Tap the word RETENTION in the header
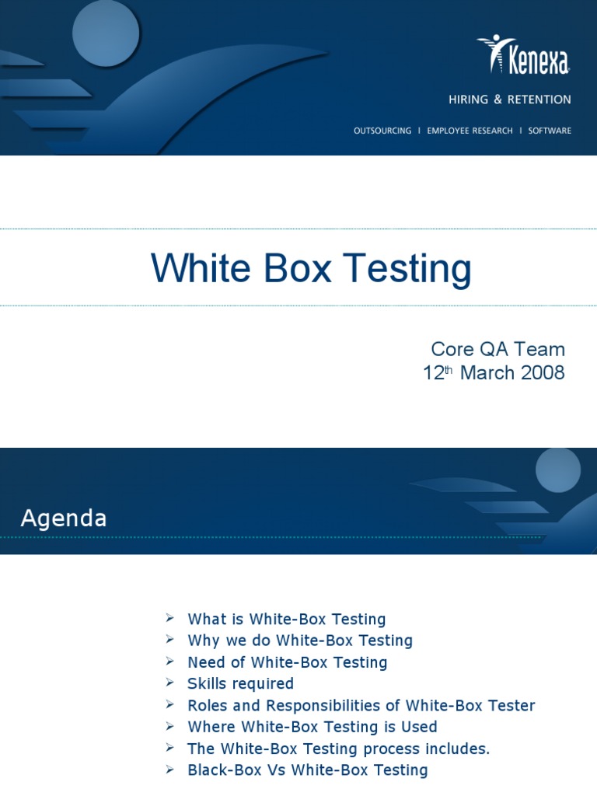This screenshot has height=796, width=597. tap(539, 99)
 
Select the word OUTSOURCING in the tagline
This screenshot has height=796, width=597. tap(382, 131)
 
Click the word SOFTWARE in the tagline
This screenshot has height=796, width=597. tap(550, 131)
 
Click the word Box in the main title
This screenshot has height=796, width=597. tap(296, 268)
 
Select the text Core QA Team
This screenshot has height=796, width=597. tap(498, 349)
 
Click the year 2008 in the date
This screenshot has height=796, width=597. tap(543, 373)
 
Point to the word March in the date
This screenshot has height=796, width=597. tap(487, 373)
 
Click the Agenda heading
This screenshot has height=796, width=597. tap(64, 518)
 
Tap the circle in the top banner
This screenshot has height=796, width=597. tap(106, 33)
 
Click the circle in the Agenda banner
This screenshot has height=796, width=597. tap(558, 470)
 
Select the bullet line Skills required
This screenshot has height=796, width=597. tap(240, 684)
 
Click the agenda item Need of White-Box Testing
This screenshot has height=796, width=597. tap(287, 662)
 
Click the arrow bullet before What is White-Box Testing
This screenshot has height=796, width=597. tap(169, 618)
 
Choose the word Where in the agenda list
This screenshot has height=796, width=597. tap(211, 727)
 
